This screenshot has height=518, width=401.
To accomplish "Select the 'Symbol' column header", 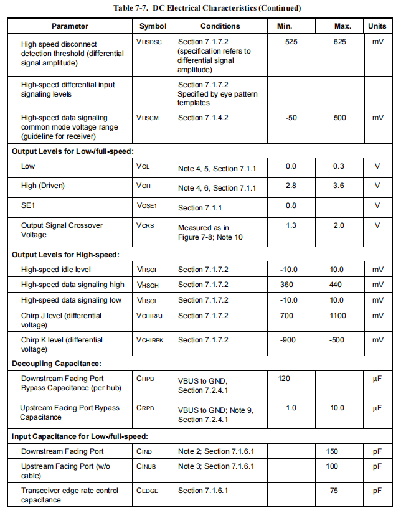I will pos(153,26).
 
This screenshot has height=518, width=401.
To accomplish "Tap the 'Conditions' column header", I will pos(220,26).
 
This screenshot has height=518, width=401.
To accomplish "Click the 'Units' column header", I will pos(377,26).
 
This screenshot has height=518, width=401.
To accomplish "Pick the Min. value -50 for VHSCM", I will pos(291,117).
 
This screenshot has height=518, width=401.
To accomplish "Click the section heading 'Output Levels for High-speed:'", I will pos(65,254).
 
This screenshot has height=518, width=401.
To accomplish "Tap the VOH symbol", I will pos(143,186).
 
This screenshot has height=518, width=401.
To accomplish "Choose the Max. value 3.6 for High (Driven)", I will pos(339,186).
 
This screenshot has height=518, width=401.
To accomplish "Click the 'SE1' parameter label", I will pos(29,205).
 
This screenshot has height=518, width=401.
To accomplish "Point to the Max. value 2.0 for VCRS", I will pos(339,225).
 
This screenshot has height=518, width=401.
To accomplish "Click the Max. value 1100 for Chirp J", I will pos(339,316).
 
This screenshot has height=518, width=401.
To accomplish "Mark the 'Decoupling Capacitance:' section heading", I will pos(57,363).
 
